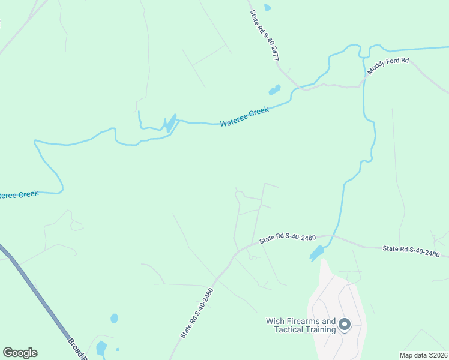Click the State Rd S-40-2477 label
point(265,37)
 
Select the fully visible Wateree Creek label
point(244,116)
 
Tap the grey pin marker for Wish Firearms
point(345,325)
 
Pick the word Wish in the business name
point(274,322)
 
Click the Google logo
point(20,353)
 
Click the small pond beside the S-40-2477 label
point(267,8)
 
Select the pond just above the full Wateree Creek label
point(274,91)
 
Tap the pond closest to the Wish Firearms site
point(317,253)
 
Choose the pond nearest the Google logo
point(101,347)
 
